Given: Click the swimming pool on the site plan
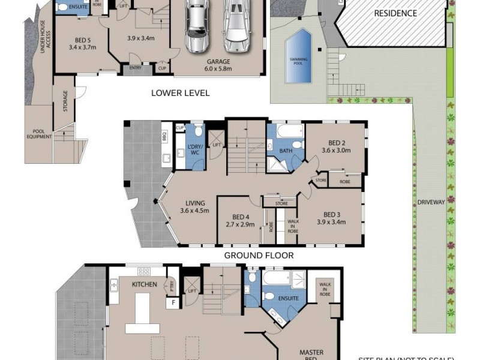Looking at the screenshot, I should pyautogui.click(x=299, y=58).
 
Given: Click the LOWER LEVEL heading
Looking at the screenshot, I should pyautogui.click(x=180, y=93).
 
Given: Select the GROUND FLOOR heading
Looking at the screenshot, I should pyautogui.click(x=259, y=255).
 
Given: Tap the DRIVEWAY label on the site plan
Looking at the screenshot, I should pyautogui.click(x=431, y=203).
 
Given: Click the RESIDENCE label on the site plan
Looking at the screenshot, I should pyautogui.click(x=395, y=13).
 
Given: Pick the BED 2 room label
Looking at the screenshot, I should pyautogui.click(x=335, y=146).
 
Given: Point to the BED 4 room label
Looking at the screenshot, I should pyautogui.click(x=240, y=221).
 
